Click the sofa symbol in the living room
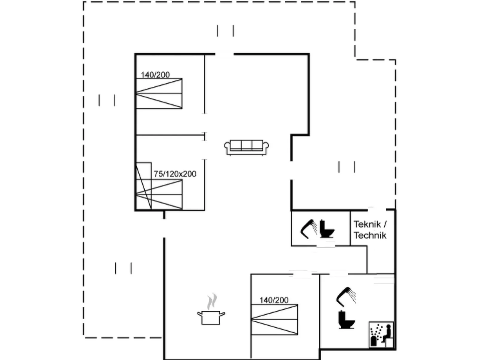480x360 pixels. (x=246, y=147)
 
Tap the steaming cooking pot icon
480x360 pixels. (x=211, y=317)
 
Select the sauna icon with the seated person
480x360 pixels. (x=381, y=335)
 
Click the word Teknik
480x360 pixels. (x=367, y=224)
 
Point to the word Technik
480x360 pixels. (x=370, y=235)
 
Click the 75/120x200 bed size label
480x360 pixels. (x=175, y=174)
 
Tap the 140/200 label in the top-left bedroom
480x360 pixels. (x=155, y=75)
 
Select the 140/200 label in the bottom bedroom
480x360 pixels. (x=274, y=300)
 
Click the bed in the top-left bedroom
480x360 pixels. (x=159, y=94)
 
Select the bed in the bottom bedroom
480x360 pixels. (x=274, y=319)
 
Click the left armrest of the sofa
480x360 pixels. (x=227, y=147)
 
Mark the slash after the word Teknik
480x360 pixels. (x=385, y=224)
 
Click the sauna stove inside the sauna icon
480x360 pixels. (x=374, y=341)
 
